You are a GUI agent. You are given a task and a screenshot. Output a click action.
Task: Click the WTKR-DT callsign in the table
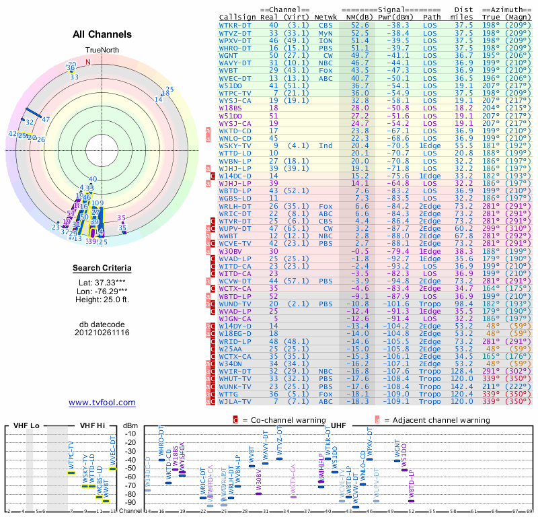click(235, 24)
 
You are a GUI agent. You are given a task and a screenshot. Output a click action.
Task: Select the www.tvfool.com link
click(102, 403)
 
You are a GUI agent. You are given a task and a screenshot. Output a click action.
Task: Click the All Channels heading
click(102, 34)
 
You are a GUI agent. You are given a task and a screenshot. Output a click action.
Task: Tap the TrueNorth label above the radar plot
click(102, 51)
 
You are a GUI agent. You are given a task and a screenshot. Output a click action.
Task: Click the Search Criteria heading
click(102, 269)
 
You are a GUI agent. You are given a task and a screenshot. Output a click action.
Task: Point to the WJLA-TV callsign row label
click(235, 401)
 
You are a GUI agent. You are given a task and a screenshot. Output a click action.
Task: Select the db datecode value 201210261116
click(102, 333)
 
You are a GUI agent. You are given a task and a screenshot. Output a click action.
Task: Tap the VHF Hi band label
click(92, 426)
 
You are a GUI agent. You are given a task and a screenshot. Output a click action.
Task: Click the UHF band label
click(339, 426)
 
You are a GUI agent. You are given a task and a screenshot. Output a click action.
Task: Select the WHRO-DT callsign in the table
click(235, 47)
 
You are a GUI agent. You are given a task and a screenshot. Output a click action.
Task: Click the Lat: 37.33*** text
click(102, 283)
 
